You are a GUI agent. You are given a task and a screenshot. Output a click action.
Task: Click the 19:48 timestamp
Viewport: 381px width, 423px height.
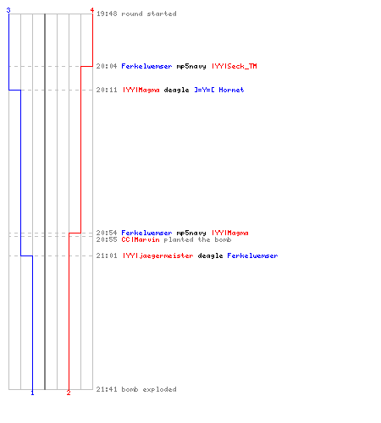[x=107, y=14]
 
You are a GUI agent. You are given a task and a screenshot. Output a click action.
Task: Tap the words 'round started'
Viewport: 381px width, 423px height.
[x=149, y=14]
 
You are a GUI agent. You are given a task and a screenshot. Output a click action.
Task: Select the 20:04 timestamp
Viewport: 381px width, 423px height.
[x=107, y=66]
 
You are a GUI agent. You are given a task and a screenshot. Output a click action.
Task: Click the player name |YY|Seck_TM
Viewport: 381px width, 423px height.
[x=235, y=66]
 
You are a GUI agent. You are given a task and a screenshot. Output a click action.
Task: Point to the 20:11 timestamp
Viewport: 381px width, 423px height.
[x=107, y=90]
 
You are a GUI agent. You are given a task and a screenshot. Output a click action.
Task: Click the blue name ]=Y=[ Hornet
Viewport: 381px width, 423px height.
[x=219, y=90]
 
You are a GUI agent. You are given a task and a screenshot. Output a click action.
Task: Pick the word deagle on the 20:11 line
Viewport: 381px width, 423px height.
[x=176, y=90]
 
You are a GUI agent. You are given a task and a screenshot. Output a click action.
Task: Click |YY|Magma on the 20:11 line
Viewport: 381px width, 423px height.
[x=141, y=90]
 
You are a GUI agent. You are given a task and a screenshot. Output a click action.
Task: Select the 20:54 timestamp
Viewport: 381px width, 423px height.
[x=107, y=233]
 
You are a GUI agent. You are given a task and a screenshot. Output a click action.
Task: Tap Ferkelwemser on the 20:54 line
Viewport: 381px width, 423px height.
[x=146, y=233]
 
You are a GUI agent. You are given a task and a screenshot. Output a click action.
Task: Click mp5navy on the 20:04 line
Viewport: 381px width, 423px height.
[x=191, y=66]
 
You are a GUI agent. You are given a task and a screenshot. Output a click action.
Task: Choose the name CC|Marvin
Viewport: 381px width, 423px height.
[x=141, y=239]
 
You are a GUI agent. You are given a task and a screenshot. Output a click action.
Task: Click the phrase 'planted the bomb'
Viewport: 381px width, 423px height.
[x=197, y=239]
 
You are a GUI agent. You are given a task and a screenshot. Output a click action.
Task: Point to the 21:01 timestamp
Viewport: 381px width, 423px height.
[x=107, y=255]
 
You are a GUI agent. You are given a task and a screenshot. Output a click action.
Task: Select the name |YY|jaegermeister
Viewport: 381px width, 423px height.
[x=158, y=255]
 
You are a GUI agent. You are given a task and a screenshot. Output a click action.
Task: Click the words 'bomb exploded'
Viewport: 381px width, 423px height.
[x=149, y=389]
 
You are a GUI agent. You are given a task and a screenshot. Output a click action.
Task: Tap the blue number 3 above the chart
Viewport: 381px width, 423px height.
[x=8, y=10]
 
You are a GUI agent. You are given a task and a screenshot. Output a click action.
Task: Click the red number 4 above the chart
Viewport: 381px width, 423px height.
[x=92, y=10]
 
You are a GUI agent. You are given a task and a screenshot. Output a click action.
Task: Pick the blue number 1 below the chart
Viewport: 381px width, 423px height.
[x=32, y=393]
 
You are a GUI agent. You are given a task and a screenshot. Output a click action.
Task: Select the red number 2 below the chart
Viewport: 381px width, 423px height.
[x=69, y=393]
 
